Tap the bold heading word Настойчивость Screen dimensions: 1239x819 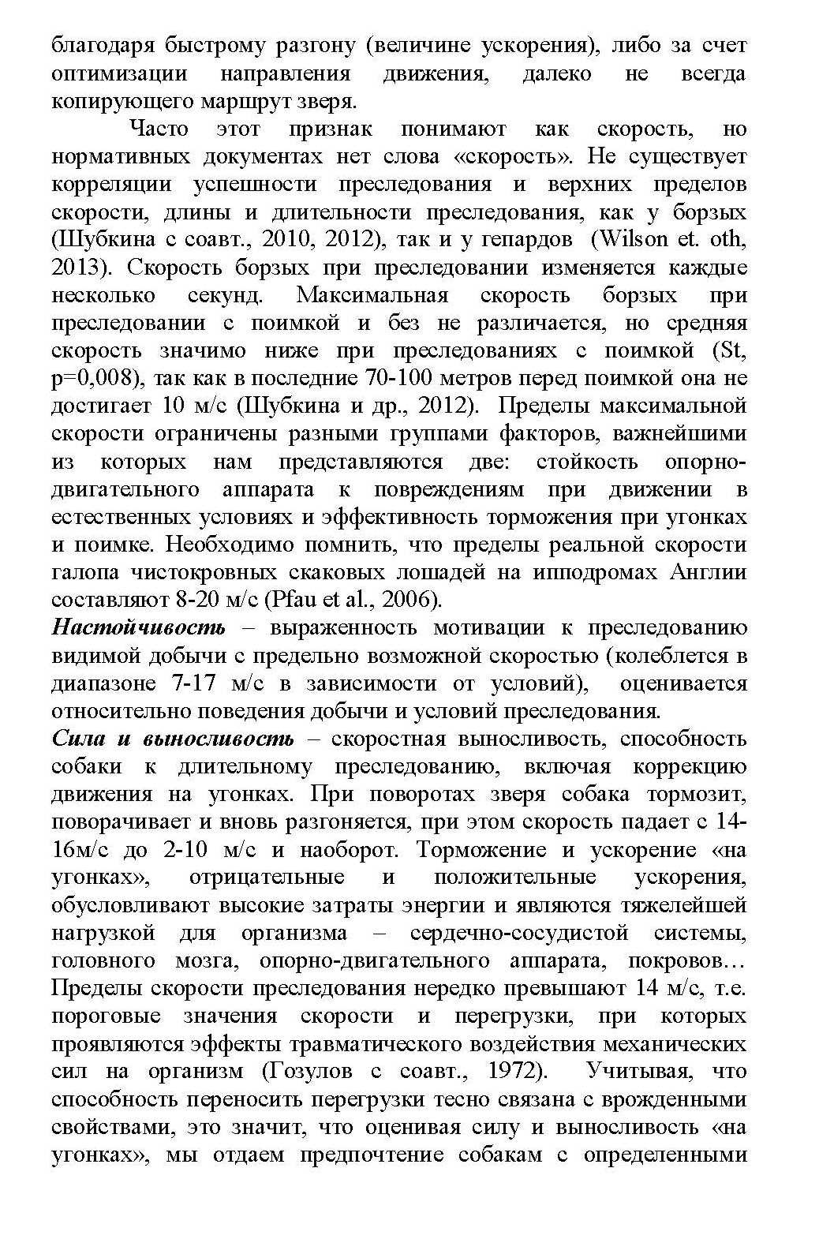[x=138, y=627]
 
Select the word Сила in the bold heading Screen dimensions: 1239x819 [x=73, y=739]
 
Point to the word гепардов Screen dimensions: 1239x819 [x=520, y=239]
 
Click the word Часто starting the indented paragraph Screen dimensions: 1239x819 [x=159, y=129]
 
